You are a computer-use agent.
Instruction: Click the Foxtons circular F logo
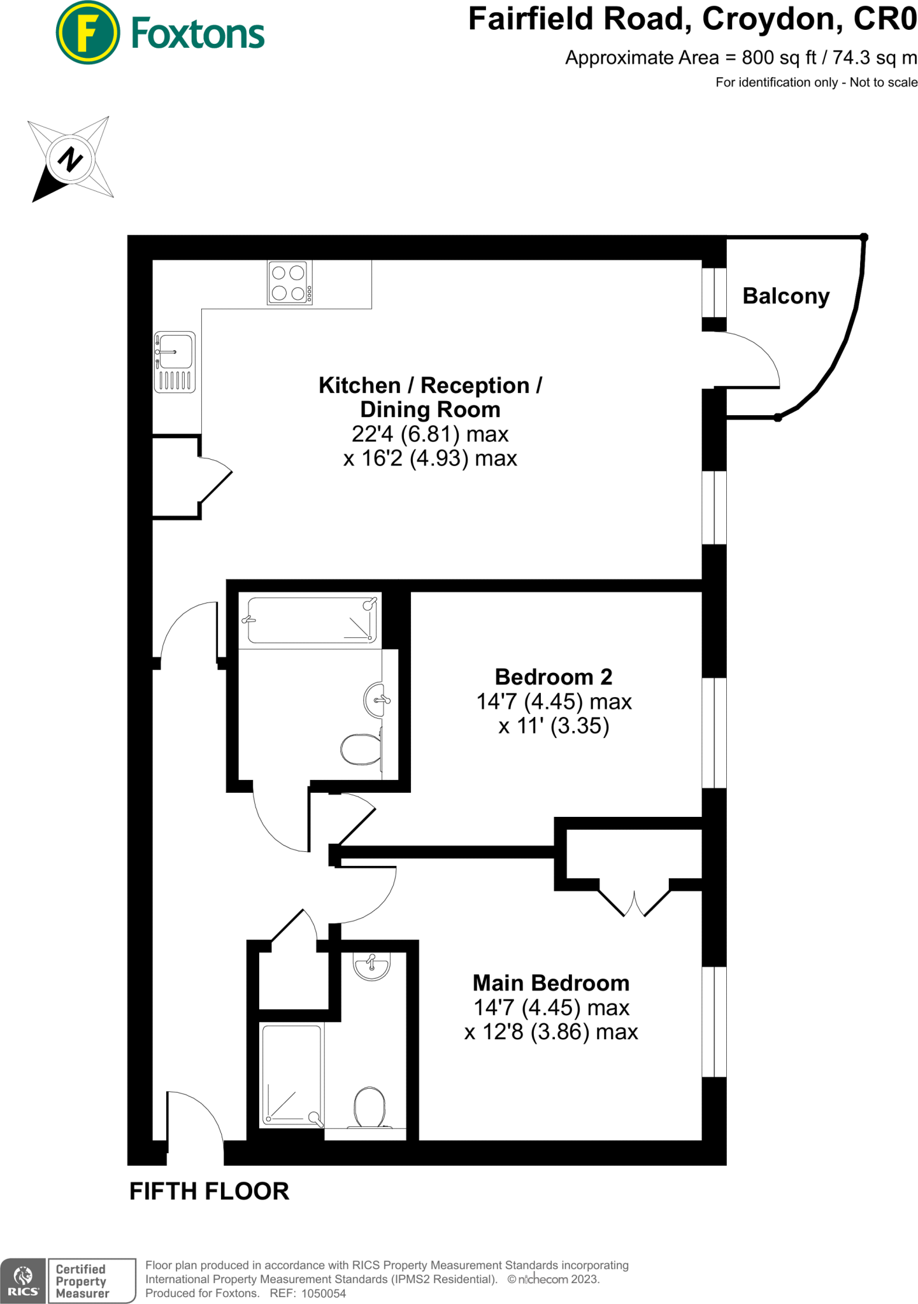[87, 33]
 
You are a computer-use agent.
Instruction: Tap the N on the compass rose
[70, 159]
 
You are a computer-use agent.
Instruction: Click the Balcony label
[785, 296]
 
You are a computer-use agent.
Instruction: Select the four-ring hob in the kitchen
[290, 283]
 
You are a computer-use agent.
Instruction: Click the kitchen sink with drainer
[175, 362]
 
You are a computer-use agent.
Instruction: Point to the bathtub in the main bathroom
[311, 620]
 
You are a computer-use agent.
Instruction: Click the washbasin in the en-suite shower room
[372, 967]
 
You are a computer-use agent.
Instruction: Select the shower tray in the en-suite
[292, 1075]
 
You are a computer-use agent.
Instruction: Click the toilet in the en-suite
[369, 1107]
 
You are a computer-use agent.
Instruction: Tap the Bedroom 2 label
[553, 677]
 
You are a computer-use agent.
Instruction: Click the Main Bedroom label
[550, 983]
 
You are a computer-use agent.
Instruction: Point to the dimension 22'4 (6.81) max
[430, 434]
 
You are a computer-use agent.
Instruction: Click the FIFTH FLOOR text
[209, 1191]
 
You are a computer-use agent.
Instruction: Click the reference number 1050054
[323, 1293]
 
